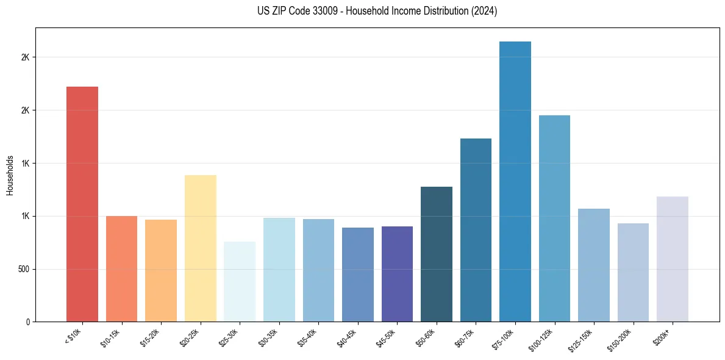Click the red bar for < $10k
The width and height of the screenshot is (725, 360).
coord(82,204)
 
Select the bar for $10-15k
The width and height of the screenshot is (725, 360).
coord(121,268)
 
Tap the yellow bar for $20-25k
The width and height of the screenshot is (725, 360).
coord(200,248)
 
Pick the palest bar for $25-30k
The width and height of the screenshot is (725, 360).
coord(240,281)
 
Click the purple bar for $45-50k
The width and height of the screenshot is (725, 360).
coord(397,274)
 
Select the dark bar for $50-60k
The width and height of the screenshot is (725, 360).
coord(437,254)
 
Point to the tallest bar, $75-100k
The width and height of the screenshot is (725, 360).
coord(515,181)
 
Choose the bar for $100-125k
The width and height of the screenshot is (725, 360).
coord(554,218)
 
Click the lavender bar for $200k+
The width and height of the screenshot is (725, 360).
coord(673,259)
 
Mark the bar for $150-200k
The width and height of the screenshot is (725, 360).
coord(633,272)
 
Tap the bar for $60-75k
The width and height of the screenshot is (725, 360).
coord(476,230)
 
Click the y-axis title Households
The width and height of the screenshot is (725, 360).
coord(10,175)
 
